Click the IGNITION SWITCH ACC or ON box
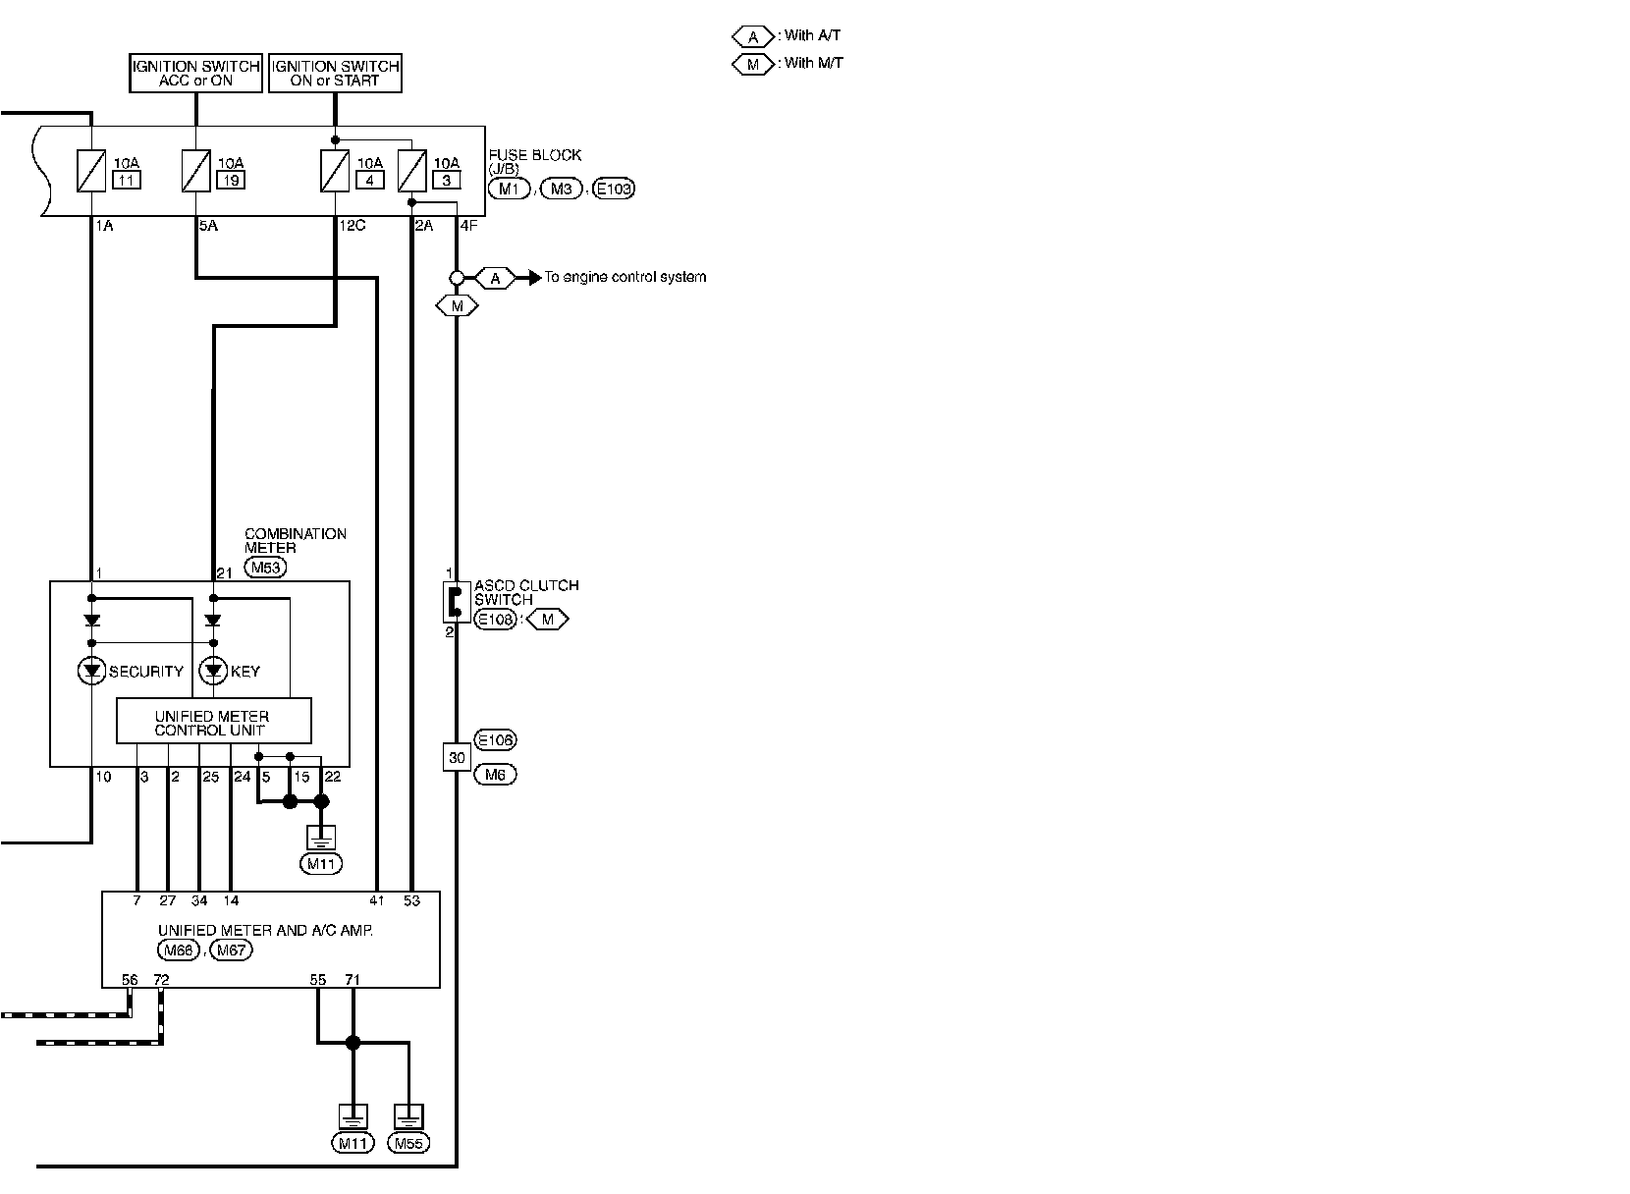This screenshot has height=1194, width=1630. pos(195,73)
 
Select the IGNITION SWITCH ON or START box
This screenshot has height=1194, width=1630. pos(335,73)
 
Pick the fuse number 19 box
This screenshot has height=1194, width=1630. pos(231,180)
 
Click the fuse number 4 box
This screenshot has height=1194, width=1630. pos(369,180)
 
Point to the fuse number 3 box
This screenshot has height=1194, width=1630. pos(446,180)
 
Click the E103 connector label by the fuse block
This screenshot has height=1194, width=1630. pos(614,189)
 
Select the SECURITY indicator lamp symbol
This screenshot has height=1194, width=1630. pos(92,671)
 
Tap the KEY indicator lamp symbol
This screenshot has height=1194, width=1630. pos(213,671)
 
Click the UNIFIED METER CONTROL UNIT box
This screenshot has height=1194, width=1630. pos(213,722)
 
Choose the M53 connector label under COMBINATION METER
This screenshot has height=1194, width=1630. pos(265,568)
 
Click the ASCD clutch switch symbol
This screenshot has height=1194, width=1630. pos(453,601)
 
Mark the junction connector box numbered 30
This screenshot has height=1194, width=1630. pos(457,757)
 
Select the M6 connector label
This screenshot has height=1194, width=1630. pos(495,775)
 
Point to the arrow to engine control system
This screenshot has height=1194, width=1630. pos(535,278)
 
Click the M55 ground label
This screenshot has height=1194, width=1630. pos(408,1143)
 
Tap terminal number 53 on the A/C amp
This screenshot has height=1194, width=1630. pos(411,900)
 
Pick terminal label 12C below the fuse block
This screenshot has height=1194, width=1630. pos(353,226)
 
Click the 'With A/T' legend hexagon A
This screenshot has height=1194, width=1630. pos(752,36)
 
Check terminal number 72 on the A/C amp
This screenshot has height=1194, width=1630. pos(161,980)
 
